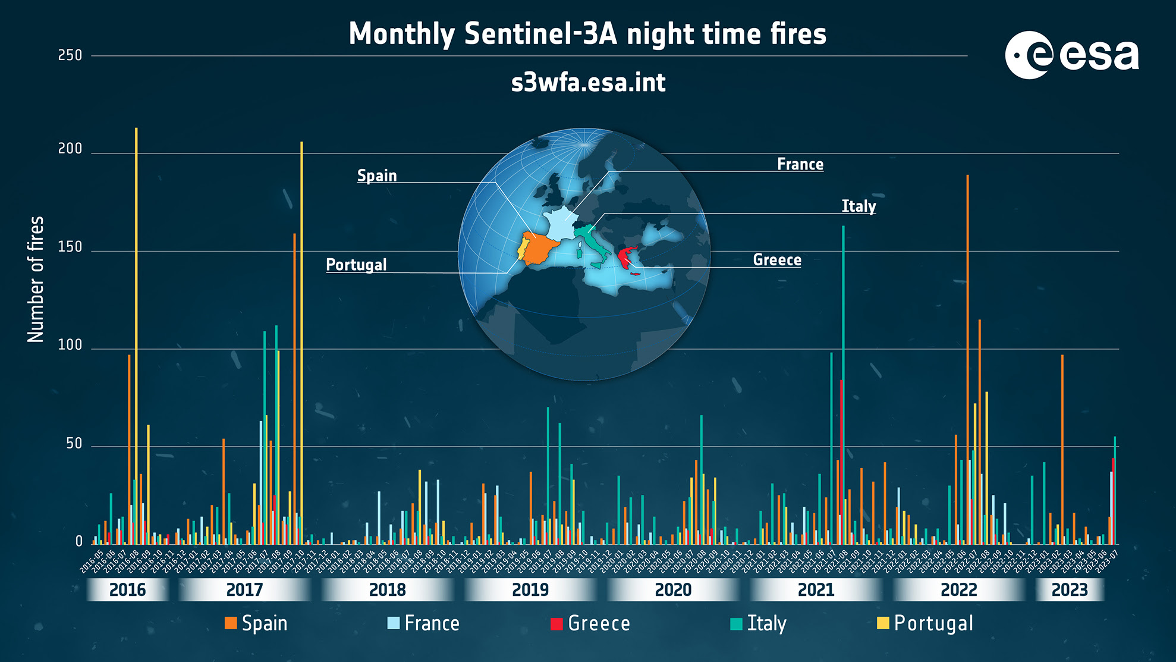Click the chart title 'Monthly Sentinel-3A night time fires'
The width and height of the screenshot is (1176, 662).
(x=587, y=34)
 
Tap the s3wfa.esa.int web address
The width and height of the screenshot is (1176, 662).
(x=588, y=83)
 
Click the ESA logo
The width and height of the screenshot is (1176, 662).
(x=1071, y=55)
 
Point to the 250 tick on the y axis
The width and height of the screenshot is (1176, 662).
(x=70, y=55)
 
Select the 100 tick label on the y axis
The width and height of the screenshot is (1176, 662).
(x=70, y=345)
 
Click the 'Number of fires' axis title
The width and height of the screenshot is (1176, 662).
(x=36, y=279)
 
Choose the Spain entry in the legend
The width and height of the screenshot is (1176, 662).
(x=256, y=623)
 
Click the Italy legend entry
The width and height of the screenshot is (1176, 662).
(x=759, y=623)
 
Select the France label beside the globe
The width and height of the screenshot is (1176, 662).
(x=800, y=164)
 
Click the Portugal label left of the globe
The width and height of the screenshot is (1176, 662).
(x=356, y=265)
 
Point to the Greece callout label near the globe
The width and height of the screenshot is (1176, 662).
(x=777, y=260)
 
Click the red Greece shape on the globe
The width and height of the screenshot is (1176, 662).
(x=625, y=258)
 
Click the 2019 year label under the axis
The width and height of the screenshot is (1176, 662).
(x=530, y=590)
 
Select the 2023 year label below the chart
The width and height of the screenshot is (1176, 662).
(x=1070, y=590)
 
